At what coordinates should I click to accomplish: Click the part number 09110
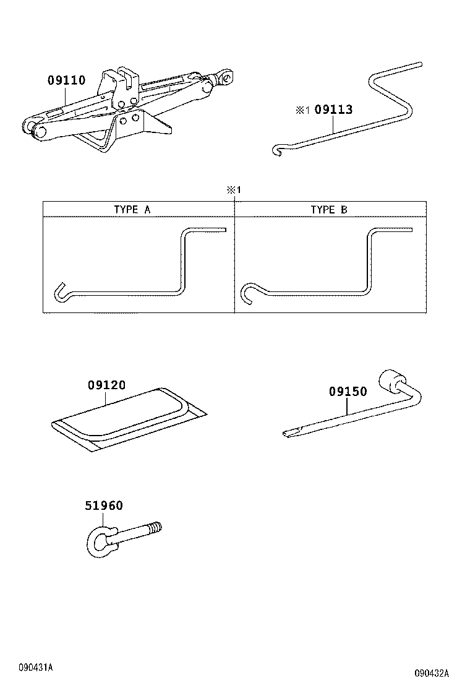[x=66, y=80]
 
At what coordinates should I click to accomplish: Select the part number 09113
[x=334, y=110]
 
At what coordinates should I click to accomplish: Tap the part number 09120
[x=106, y=385]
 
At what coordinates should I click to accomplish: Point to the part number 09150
[x=348, y=392]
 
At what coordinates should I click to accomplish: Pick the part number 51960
[x=104, y=505]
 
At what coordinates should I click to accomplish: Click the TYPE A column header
[x=132, y=210]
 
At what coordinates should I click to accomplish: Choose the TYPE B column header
[x=329, y=210]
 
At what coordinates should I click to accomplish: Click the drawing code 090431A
[x=35, y=668]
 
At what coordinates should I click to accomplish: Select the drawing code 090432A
[x=432, y=673]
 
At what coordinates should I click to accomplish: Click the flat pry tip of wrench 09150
[x=290, y=434]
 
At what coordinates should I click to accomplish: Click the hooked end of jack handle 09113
[x=277, y=150]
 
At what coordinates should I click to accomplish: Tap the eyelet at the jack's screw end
[x=227, y=78]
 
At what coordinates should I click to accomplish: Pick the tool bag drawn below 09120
[x=129, y=420]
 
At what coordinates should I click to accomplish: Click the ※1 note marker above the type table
[x=234, y=190]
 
